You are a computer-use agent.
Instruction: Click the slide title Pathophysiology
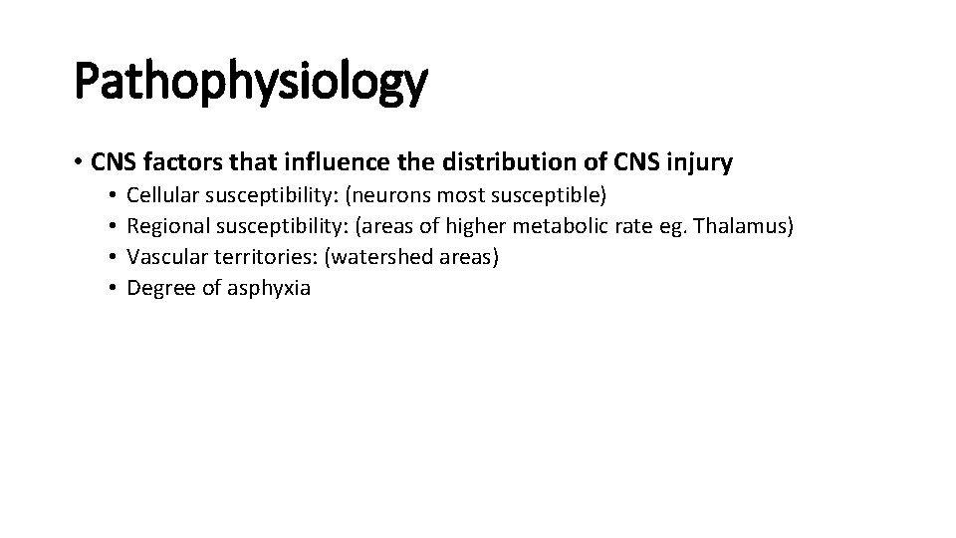(x=251, y=83)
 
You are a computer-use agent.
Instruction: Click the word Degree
(x=158, y=289)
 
